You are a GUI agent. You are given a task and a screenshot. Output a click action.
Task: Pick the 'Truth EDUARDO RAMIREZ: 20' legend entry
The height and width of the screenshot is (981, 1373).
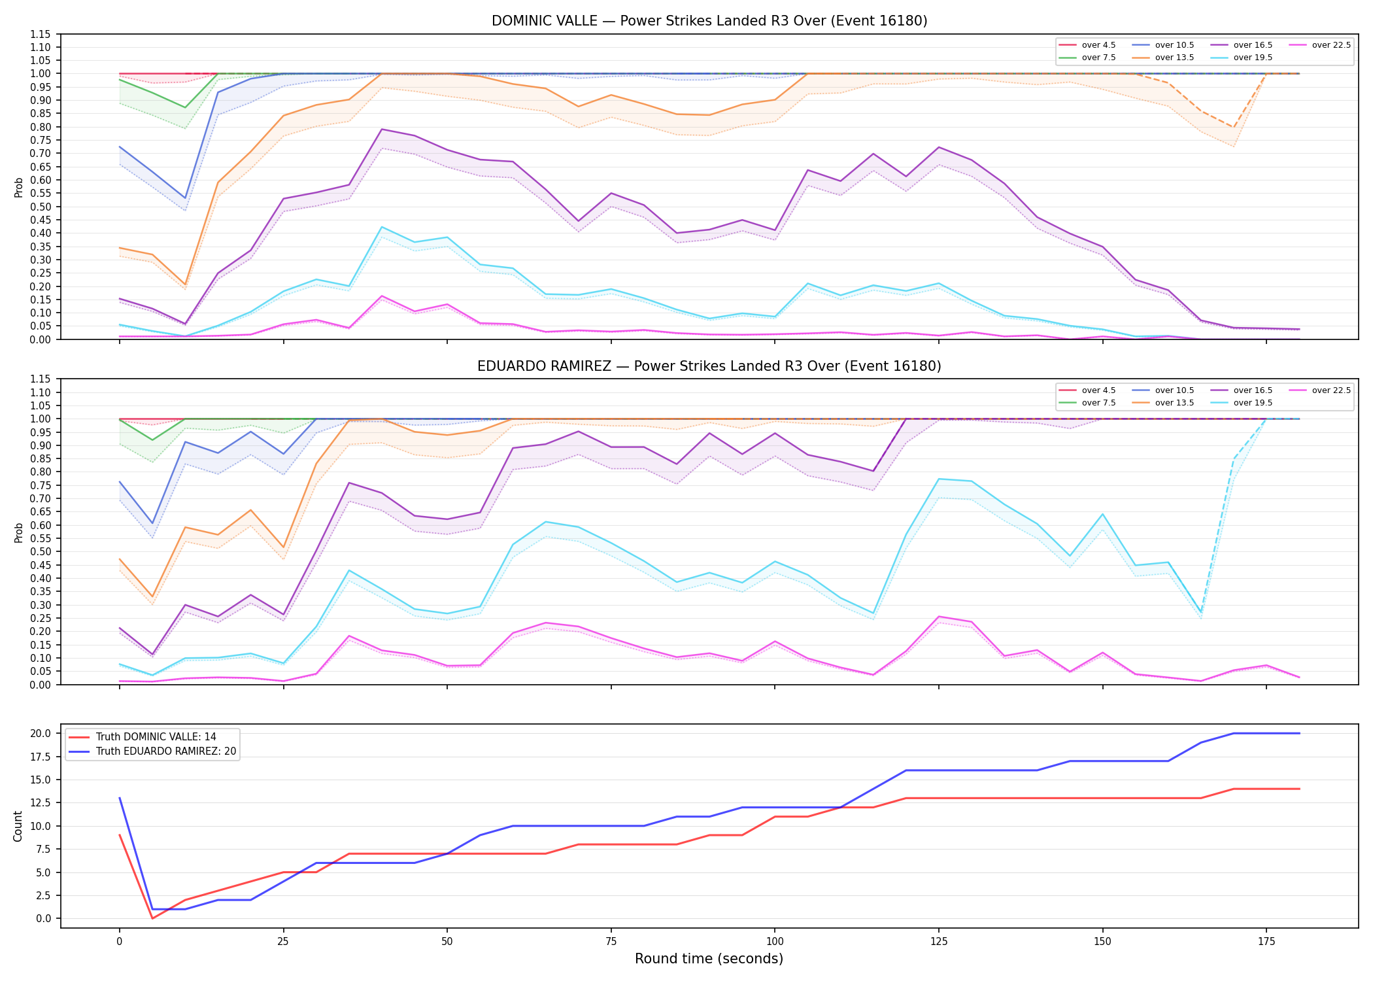coord(152,751)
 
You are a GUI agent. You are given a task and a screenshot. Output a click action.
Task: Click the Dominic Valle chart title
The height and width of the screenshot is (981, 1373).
coord(709,21)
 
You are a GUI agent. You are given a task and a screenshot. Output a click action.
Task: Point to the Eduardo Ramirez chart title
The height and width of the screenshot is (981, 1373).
coord(709,366)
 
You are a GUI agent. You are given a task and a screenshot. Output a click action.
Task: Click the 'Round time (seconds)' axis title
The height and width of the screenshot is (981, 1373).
coord(709,959)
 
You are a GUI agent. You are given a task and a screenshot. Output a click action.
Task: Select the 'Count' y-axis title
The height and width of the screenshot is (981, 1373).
coord(18,826)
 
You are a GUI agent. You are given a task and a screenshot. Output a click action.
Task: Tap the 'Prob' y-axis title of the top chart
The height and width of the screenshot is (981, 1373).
coord(19,187)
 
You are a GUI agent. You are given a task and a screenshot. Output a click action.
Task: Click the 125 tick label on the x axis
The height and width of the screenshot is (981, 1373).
coord(938,942)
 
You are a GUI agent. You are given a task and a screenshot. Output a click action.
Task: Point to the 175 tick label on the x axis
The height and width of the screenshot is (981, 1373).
coord(1266,942)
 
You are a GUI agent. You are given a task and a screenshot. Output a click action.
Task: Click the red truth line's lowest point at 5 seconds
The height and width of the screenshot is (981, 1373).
coord(152,918)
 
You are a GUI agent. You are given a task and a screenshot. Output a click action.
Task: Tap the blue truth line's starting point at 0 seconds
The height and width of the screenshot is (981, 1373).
coord(120,798)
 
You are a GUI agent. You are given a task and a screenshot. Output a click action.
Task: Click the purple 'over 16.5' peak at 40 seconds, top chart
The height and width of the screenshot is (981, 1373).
coord(382,129)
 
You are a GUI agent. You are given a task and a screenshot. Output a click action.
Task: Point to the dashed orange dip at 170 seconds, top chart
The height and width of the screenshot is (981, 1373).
coord(1234,128)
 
